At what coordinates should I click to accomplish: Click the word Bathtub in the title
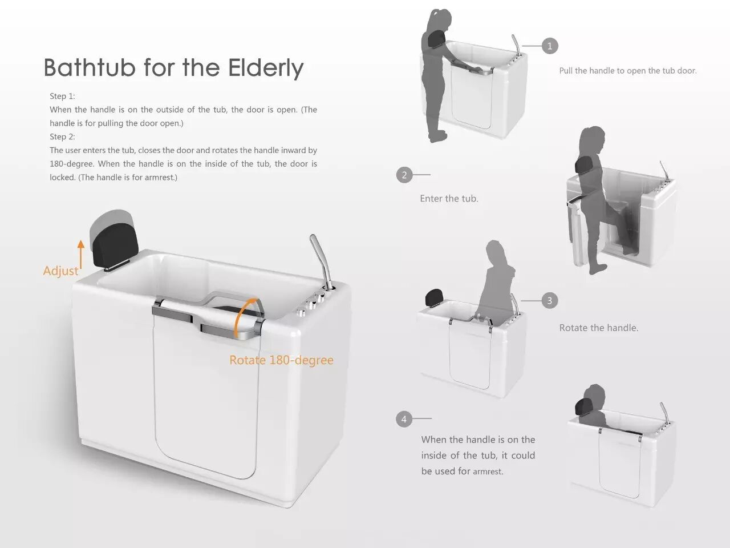coord(90,67)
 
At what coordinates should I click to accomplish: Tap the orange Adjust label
coord(60,271)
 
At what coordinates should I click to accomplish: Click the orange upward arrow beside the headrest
coord(81,255)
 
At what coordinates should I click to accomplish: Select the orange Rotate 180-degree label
coord(281,360)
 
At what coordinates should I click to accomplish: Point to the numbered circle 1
coord(550,46)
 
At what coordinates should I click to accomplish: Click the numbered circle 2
coord(404,175)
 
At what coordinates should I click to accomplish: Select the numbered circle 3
coord(549,300)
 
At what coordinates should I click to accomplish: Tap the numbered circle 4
coord(404,419)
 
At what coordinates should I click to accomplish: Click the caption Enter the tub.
coord(449,199)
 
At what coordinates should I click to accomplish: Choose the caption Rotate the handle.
coord(599,328)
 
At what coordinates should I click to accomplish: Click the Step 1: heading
coord(62,96)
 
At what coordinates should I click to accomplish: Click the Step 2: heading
coord(62,137)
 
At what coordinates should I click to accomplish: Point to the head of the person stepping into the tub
coord(592,140)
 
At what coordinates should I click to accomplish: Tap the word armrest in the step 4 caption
coord(488,472)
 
